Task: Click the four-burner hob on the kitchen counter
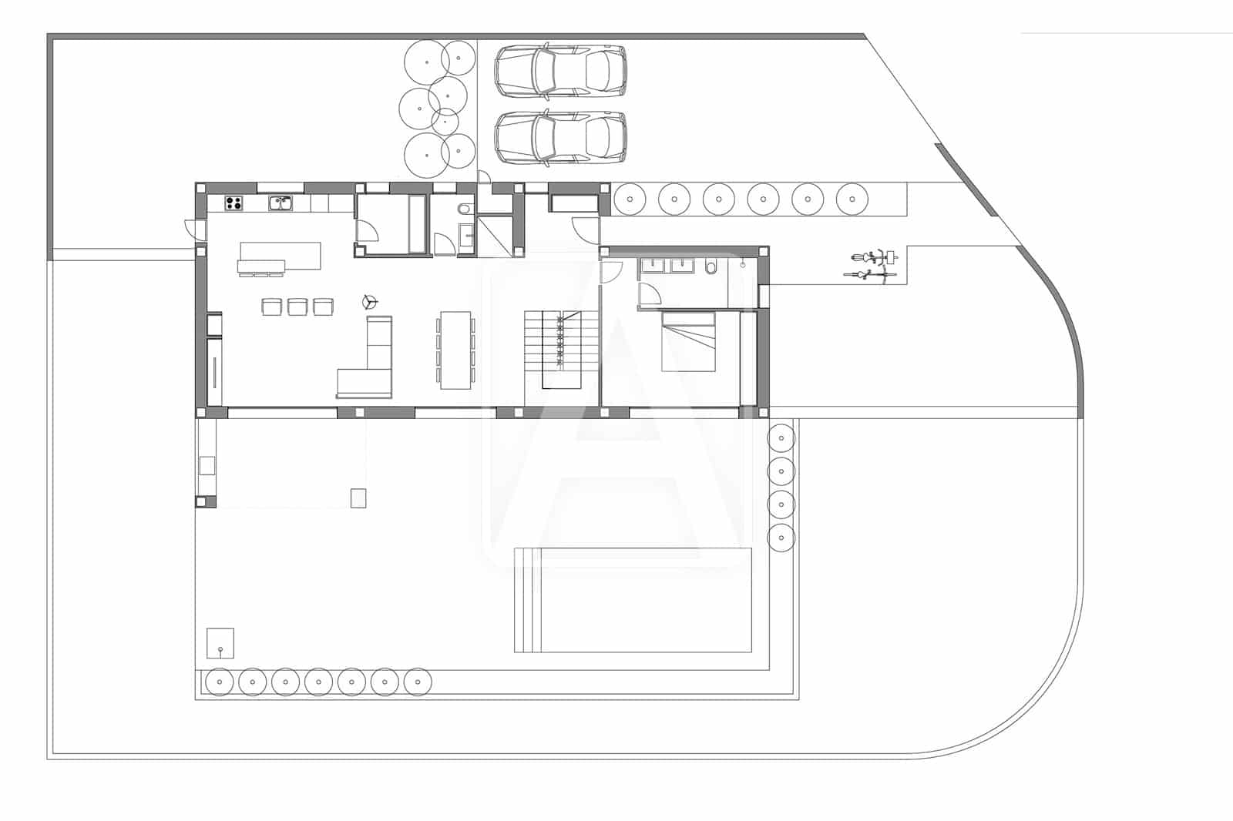(x=234, y=203)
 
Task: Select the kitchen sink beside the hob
(x=280, y=203)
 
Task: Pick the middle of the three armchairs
(x=297, y=307)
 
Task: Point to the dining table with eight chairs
(x=455, y=349)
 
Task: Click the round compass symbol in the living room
(x=369, y=301)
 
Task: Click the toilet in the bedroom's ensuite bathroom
(x=711, y=266)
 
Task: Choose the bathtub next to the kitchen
(x=416, y=224)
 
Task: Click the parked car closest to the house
(x=560, y=139)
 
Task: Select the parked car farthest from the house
(x=560, y=71)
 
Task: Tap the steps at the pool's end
(x=524, y=600)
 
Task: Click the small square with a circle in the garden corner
(x=220, y=643)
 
